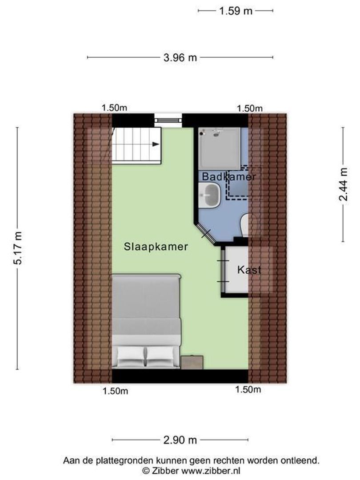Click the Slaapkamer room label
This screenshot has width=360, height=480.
tap(156, 247)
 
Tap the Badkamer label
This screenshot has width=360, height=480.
tap(229, 176)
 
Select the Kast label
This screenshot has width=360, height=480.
tap(249, 270)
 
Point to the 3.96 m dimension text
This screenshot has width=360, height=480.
tap(180, 57)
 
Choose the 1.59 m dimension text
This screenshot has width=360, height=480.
tap(236, 11)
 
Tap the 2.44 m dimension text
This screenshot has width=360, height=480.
tap(344, 184)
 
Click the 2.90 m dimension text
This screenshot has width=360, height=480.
tap(180, 440)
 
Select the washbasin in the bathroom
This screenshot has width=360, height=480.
tap(210, 195)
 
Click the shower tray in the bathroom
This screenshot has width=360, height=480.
tap(219, 148)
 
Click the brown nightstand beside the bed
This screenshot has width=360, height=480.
tap(192, 363)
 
